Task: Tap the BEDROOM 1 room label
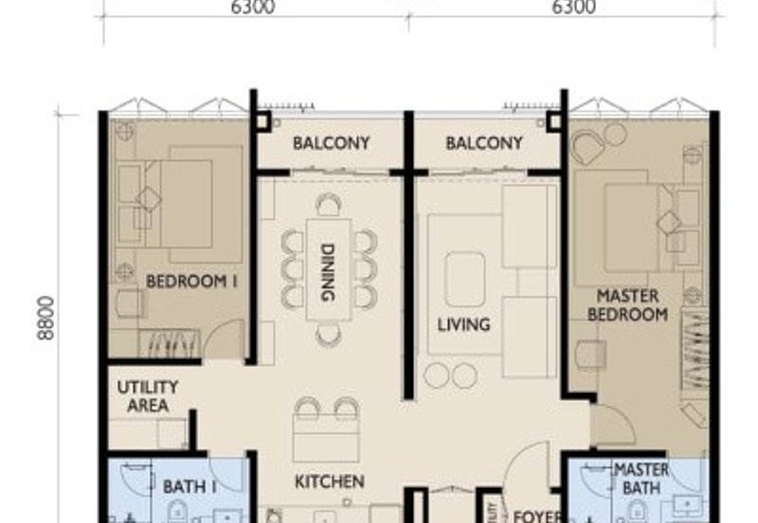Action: point(191,280)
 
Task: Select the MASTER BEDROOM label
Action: point(627,304)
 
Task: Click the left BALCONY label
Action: point(331,144)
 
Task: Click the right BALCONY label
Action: point(484,144)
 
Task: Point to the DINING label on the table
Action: point(328,273)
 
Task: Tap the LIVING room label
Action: point(463,324)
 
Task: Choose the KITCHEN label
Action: point(329,481)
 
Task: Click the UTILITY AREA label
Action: point(148,396)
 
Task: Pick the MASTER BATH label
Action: point(641,478)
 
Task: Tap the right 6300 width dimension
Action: point(573,8)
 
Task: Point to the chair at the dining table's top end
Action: point(329,204)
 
